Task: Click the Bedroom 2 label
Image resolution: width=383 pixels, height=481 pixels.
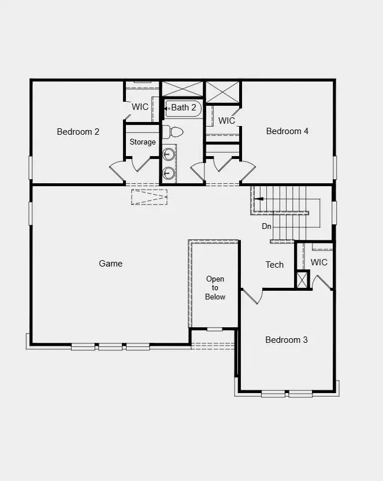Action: (x=78, y=132)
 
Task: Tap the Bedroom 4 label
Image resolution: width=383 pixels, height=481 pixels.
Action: (x=287, y=131)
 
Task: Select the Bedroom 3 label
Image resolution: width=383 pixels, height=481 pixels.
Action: (x=287, y=340)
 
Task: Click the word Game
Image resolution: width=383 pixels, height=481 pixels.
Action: (x=110, y=264)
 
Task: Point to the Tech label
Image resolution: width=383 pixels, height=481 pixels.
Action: (x=274, y=265)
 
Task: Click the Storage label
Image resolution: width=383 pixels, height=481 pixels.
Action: (x=143, y=142)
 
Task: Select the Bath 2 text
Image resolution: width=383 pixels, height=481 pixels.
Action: (x=184, y=108)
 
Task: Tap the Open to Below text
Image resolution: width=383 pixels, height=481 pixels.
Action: (x=215, y=288)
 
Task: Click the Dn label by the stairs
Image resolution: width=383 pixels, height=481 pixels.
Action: (x=266, y=227)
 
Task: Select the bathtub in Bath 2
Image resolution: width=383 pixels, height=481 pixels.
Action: (x=183, y=109)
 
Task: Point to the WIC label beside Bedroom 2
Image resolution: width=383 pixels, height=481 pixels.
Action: (x=140, y=107)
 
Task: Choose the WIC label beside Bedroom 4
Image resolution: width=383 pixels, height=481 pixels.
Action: (x=226, y=121)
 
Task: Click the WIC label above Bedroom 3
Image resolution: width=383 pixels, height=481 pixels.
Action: (x=319, y=262)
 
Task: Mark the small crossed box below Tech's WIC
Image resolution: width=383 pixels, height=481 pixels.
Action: (x=303, y=279)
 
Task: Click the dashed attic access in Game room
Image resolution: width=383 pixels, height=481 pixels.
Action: (x=149, y=197)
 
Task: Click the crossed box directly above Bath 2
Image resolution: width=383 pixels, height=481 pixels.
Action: (x=183, y=88)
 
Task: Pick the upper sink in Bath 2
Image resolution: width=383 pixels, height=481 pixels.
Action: (x=169, y=154)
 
